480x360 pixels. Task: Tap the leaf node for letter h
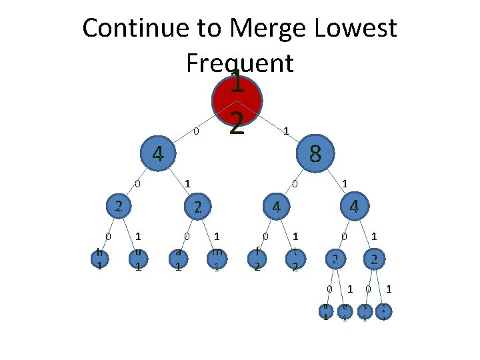pyautogui.click(x=99, y=258)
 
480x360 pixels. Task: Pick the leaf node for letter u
pyautogui.click(x=138, y=258)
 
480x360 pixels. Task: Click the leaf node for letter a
pyautogui.click(x=178, y=258)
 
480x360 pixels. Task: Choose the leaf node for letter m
pyautogui.click(x=217, y=258)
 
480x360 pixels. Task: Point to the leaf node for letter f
pyautogui.click(x=257, y=258)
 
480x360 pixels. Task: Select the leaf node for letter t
pyautogui.click(x=296, y=258)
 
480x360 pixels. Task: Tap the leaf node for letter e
pyautogui.click(x=345, y=311)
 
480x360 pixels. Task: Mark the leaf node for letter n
pyautogui.click(x=325, y=311)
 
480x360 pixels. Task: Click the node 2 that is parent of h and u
pyautogui.click(x=118, y=207)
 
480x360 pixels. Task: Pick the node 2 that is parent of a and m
pyautogui.click(x=197, y=207)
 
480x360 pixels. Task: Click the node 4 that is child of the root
pyautogui.click(x=157, y=154)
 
